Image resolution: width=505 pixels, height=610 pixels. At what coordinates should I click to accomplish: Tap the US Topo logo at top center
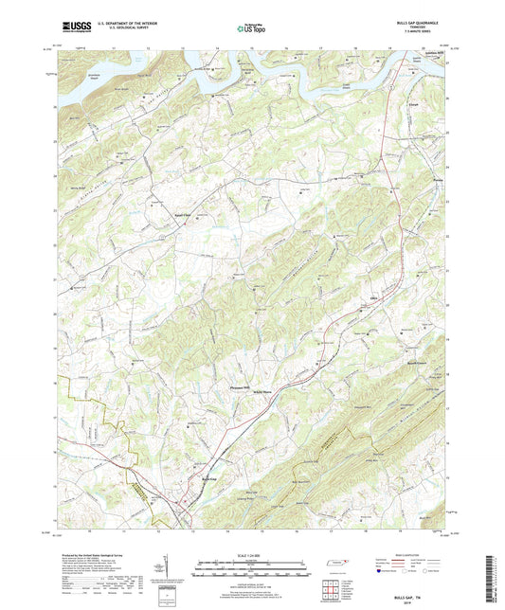click(250, 28)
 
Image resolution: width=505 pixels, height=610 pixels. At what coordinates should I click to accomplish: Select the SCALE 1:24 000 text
click(253, 555)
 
